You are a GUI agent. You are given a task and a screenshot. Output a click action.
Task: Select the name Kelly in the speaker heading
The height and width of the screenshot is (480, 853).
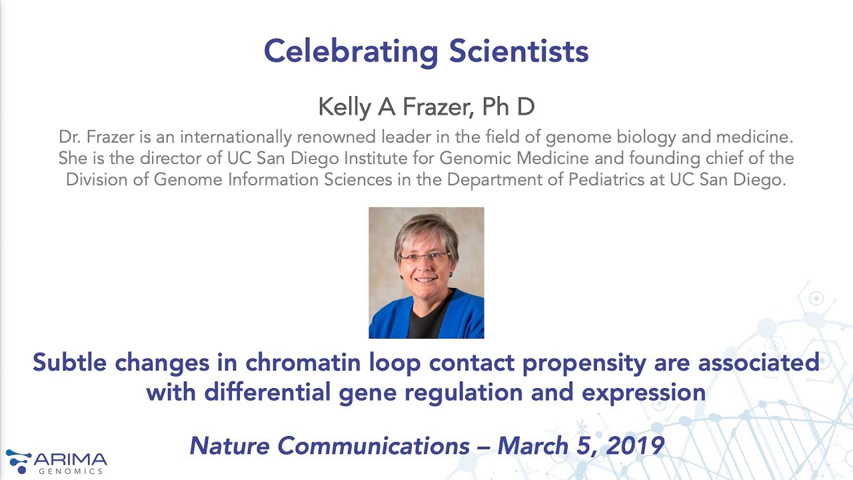click(344, 107)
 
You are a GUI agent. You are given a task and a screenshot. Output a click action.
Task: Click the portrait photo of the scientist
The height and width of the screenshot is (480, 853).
click(426, 273)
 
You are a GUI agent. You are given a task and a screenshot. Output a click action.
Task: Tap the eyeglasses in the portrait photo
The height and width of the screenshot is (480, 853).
click(425, 257)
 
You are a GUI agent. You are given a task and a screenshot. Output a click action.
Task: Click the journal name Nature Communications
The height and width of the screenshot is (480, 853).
click(329, 445)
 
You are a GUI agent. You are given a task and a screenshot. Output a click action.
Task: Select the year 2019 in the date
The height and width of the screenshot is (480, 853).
click(636, 445)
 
